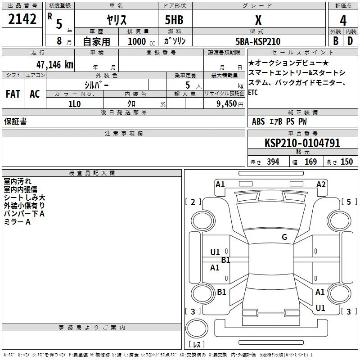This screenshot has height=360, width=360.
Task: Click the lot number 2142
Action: coord(22,19)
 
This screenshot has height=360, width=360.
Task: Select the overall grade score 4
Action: coord(343,21)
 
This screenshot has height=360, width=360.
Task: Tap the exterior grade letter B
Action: coord(336,41)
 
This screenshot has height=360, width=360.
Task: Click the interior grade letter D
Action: coord(350,41)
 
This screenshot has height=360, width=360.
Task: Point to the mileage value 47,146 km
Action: coord(55,65)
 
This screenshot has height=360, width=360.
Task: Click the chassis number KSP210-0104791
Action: coord(302,143)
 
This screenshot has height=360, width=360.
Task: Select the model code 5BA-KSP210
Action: coord(258,41)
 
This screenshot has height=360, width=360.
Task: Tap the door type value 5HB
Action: coord(174,20)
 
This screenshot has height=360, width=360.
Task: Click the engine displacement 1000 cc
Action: coord(141,41)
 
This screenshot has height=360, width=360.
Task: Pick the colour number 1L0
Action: coord(75,104)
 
